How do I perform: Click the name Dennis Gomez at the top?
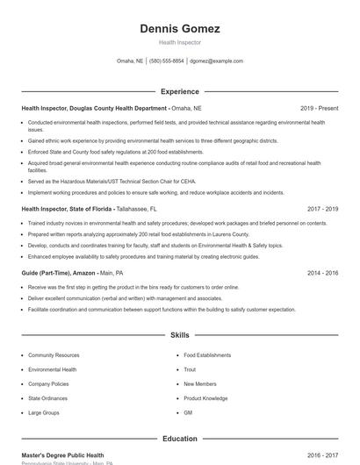[179, 28]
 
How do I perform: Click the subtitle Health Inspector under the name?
[179, 42]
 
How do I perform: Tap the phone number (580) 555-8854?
[167, 61]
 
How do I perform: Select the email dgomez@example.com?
[216, 61]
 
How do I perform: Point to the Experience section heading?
[179, 91]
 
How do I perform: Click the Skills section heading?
[179, 335]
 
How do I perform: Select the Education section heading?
[179, 438]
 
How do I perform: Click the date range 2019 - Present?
[319, 108]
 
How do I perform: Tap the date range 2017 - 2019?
[322, 210]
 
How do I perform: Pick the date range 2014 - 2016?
[322, 273]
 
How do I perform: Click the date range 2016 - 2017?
[322, 455]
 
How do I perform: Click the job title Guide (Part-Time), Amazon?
[59, 273]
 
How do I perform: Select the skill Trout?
[190, 369]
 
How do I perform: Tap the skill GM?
[188, 412]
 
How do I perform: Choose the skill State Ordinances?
[48, 398]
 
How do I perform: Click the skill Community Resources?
[54, 355]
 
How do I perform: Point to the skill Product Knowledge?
[205, 398]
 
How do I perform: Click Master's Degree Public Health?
[62, 455]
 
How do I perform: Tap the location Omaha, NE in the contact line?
[130, 61]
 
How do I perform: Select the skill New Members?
[200, 383]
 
